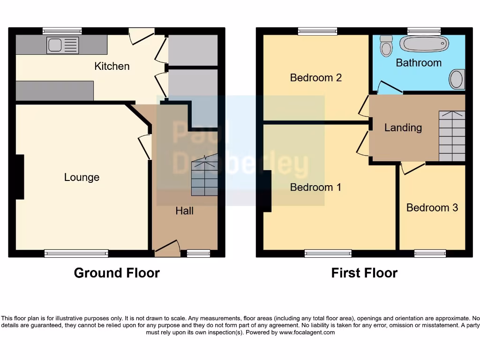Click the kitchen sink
coord(62,45)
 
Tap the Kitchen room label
coord(112,66)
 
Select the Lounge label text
coord(82,177)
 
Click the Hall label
coord(185,211)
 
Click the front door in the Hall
coord(167,248)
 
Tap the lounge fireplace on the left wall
coord(19,177)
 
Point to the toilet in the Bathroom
coord(386,46)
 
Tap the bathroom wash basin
coord(457,79)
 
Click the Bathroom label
coord(419,63)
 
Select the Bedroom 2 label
coord(315,78)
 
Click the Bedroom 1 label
coord(315,187)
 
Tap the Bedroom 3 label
coord(432,208)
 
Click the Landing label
coord(403,127)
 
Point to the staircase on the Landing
coord(451,136)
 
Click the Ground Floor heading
coord(117,273)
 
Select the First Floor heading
coord(364,273)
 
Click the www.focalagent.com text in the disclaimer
coord(307,332)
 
